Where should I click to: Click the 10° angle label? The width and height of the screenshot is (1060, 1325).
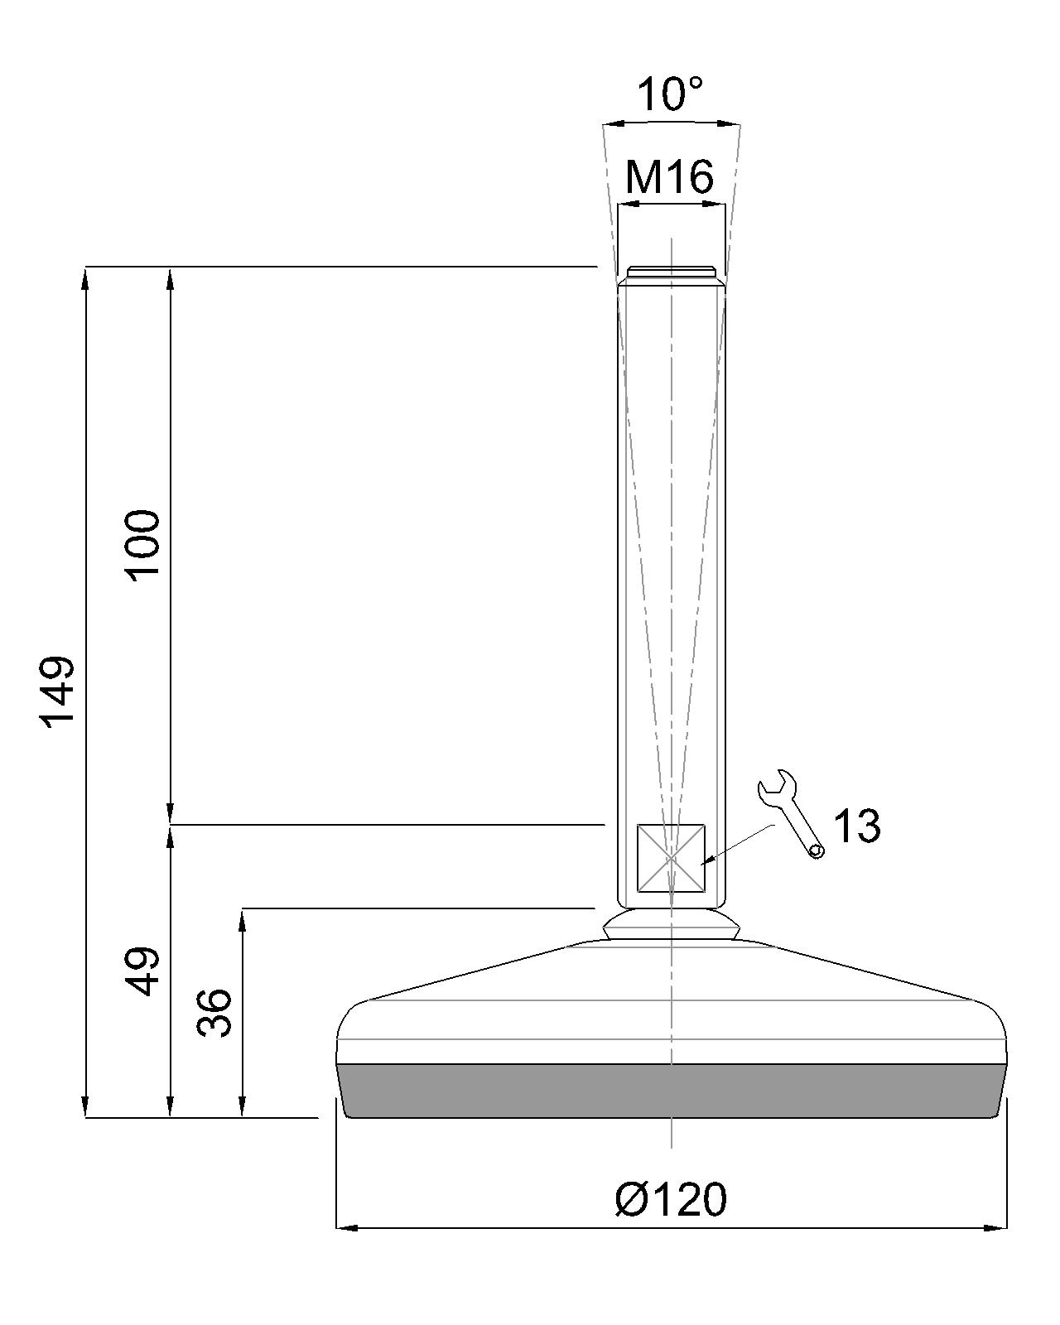click(x=671, y=94)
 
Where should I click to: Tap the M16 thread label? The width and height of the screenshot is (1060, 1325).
click(x=669, y=176)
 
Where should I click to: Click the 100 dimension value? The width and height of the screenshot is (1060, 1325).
click(x=142, y=546)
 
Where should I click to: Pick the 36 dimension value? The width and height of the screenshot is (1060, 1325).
click(x=215, y=1013)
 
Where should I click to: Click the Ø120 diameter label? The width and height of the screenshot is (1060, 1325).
click(x=672, y=1199)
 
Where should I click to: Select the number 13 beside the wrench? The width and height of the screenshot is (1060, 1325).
click(x=856, y=826)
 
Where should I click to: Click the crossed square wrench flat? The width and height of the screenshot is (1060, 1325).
click(x=671, y=858)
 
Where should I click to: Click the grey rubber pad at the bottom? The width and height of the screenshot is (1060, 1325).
click(x=671, y=1091)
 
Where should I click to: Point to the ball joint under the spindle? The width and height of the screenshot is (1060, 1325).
click(x=671, y=924)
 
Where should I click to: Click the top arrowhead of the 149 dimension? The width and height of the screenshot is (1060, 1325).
click(x=86, y=277)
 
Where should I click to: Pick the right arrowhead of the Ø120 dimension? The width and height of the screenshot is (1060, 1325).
click(x=997, y=1227)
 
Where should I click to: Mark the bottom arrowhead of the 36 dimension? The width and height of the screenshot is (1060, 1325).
click(x=243, y=1107)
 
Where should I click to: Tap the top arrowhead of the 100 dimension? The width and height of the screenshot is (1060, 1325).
click(x=171, y=277)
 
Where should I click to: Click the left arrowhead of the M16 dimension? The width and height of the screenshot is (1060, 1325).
click(x=627, y=203)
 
